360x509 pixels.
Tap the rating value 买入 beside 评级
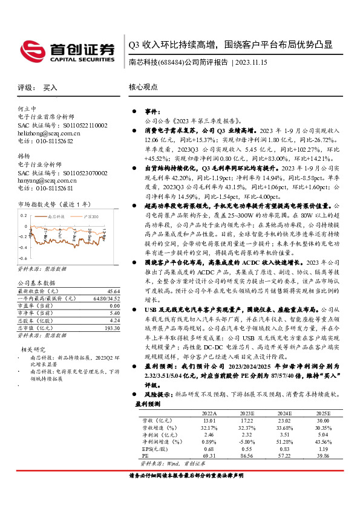pyautogui.click(x=50, y=88)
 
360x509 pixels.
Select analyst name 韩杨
pyautogui.click(x=24, y=155)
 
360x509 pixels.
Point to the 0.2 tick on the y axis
pyautogui.click(x=24, y=215)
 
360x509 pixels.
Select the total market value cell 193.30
pyautogui.click(x=111, y=327)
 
